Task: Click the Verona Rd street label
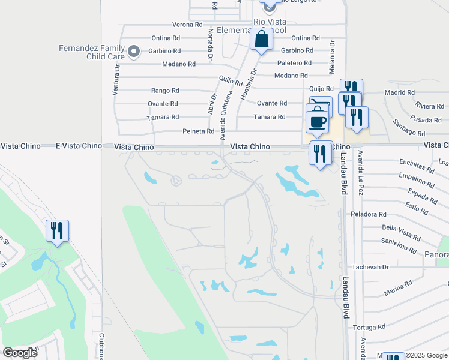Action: [187, 25]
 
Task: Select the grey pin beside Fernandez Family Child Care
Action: [133, 52]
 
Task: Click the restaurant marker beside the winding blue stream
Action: [58, 231]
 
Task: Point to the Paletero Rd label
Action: [294, 63]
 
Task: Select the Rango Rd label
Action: [164, 91]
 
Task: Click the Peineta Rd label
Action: [198, 131]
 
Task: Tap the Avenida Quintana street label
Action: [228, 118]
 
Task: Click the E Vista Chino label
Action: [79, 146]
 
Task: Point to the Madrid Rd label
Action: [399, 92]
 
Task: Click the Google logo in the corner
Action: [20, 353]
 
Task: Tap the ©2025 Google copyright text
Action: [426, 356]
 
